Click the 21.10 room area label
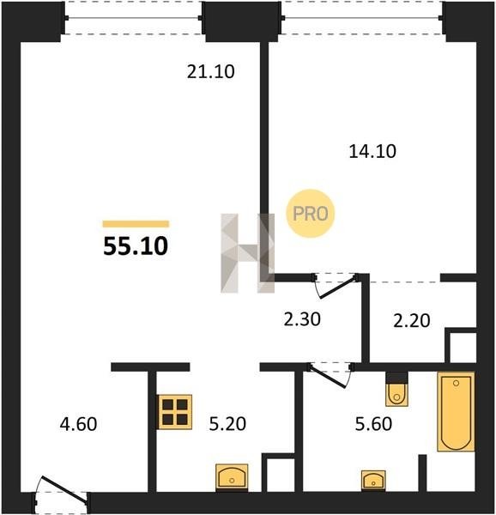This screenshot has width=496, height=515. point(211,71)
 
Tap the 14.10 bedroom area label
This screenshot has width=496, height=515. point(372,152)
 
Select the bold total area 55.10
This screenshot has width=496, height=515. point(136,246)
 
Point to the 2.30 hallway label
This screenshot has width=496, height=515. point(302,319)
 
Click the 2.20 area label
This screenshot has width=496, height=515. point(412,321)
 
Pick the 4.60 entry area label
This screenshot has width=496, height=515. point(78,424)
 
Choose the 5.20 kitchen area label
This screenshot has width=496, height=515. point(227,424)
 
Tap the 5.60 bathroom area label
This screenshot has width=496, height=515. point(373,424)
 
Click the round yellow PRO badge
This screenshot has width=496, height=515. point(310,214)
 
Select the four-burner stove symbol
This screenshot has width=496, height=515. point(175,412)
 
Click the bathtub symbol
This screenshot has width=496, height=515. point(456,411)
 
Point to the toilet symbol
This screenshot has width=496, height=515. point(396,389)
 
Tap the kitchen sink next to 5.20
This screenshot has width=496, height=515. point(232,477)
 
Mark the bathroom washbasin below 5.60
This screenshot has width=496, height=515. point(373,481)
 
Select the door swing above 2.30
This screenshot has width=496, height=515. point(336,285)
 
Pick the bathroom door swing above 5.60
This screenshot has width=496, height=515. point(330,374)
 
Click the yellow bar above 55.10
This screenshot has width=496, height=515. point(136,224)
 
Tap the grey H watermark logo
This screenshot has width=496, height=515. point(247,253)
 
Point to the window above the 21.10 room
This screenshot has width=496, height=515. point(134,18)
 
